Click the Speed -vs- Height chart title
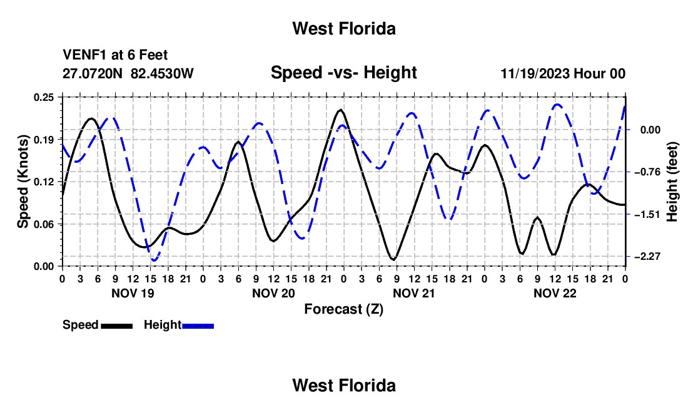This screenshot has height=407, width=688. coord(343,73)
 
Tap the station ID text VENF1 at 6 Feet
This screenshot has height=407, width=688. coord(115,55)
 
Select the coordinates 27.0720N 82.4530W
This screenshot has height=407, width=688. coord(128,73)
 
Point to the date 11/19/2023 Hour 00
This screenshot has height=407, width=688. coord(563,73)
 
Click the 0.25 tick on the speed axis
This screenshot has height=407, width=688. coord(43,97)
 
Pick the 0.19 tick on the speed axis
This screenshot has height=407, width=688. coord(43,140)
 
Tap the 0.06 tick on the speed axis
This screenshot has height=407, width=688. coord(43,224)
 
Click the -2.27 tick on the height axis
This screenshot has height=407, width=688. coord(647,256)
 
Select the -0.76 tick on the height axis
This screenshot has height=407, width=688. coord(647,172)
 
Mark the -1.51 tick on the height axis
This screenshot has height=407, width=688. coord(647,214)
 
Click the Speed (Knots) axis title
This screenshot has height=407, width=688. coord(23,182)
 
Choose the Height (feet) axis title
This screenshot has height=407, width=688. coord(672,182)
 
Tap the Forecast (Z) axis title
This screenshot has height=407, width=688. coord(343,309)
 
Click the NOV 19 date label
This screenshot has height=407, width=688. coord(133,293)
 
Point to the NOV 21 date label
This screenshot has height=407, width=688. coord(414,293)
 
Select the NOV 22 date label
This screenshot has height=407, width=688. coord(555,293)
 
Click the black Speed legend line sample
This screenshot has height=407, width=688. coord(117,326)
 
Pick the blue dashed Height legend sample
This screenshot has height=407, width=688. coord(198,326)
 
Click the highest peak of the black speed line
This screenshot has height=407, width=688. coord(340,110)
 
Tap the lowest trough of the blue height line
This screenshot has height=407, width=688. coord(154,260)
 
